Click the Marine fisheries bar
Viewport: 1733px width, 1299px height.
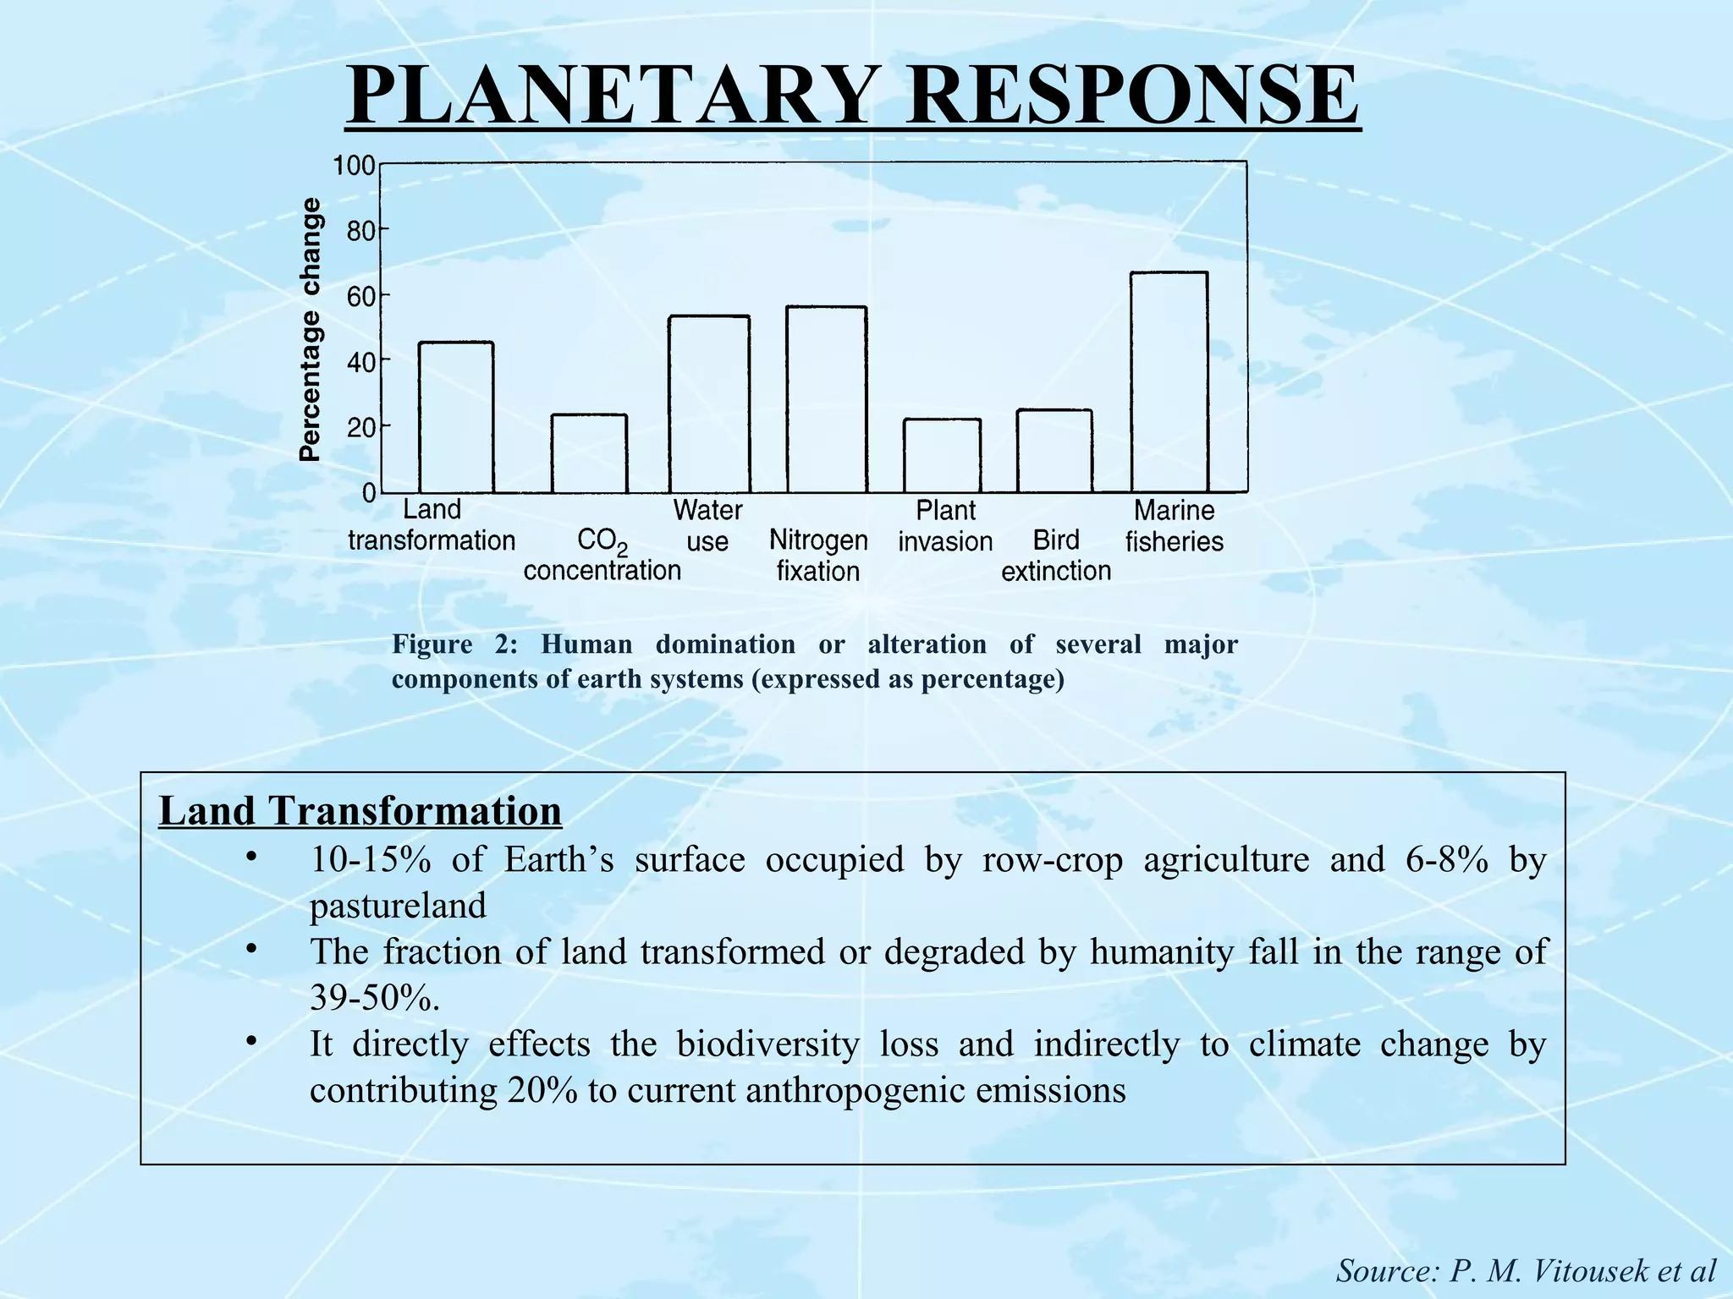1170,382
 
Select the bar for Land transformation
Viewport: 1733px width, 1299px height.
456,418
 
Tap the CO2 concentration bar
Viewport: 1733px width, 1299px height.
589,454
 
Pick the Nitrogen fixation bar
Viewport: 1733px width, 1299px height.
826,399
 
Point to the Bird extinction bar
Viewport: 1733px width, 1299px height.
1054,452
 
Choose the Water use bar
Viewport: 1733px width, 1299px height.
708,404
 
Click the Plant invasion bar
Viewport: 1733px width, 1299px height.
942,456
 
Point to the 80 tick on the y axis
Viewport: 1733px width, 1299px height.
360,231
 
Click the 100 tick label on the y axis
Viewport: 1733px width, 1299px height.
354,166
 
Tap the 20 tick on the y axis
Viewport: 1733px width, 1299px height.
360,428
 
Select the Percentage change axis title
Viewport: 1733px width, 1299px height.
311,330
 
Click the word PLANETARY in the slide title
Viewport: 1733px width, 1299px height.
608,96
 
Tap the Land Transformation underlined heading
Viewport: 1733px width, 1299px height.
360,810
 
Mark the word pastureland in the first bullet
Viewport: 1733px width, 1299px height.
398,906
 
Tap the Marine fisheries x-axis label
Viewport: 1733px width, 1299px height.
1174,525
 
